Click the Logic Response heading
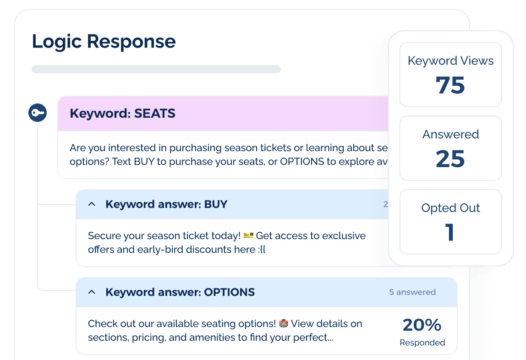tap(104, 42)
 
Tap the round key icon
tap(38, 113)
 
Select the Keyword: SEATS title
tap(122, 114)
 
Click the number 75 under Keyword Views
tap(450, 85)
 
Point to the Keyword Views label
tap(450, 61)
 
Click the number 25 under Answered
tap(450, 158)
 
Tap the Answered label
tap(450, 134)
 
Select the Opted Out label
tap(450, 208)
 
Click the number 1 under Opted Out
tap(450, 232)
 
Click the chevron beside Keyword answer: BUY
tap(92, 204)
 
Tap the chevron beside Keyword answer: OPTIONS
tap(92, 292)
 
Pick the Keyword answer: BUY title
tap(166, 204)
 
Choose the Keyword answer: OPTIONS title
tap(180, 292)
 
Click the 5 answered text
tap(412, 292)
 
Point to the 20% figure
tap(422, 325)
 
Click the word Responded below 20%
tap(422, 343)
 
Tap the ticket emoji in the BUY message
tap(248, 235)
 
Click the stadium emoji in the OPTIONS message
tap(284, 324)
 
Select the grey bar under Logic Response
tap(156, 69)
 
